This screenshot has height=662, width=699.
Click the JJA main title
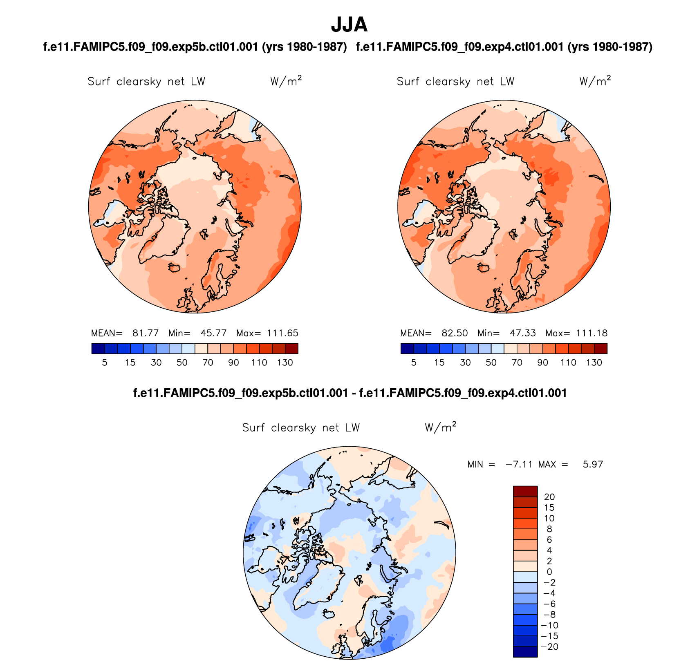pos(349,25)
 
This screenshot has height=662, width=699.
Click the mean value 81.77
pos(145,333)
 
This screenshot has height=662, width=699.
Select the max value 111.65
pos(282,333)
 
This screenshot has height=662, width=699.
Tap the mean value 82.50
pos(455,333)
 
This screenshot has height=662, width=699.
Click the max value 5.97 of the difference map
pos(593,464)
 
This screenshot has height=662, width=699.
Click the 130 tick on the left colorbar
pos(285,362)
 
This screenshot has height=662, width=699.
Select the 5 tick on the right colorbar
pos(414,362)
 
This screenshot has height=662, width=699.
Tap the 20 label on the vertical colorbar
pos(549,497)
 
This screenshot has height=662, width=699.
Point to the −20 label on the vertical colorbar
pos(549,646)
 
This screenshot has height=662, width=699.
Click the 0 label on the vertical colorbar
pos(549,572)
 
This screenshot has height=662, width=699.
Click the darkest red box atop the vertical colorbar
pos(525,491)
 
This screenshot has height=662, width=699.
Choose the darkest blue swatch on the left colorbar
pos(99,349)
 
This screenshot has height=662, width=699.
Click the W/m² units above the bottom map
pos(440,427)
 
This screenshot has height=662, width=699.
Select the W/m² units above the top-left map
pos(286,81)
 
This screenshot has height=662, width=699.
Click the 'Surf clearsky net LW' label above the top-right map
pos(455,81)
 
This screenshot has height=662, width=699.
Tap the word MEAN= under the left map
pos(107,333)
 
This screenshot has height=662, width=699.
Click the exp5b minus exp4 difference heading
pos(350,393)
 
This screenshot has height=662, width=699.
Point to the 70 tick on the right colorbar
pos(517,362)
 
